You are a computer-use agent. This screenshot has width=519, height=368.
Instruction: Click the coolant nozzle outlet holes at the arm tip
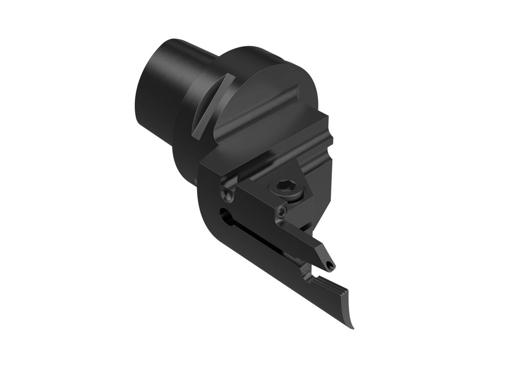coord(329,264)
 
